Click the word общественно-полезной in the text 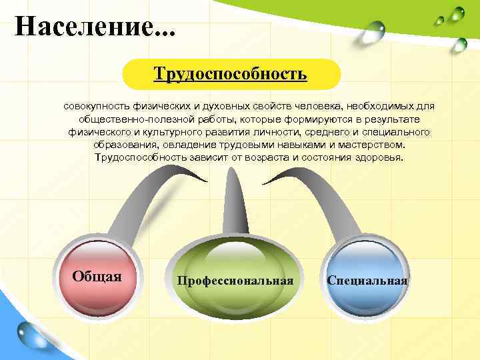[135, 119]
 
